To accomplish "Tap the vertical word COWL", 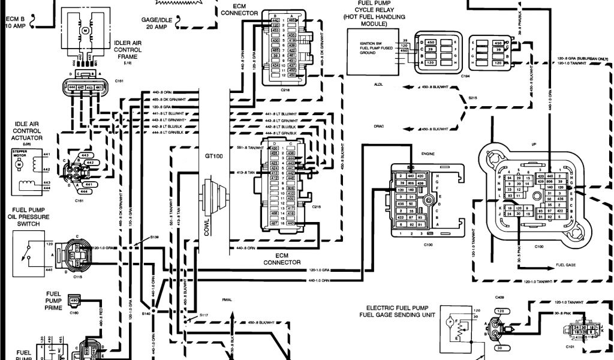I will coord(207,223).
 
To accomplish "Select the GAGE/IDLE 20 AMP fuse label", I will coord(156,23).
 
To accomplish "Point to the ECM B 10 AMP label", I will coord(16,22).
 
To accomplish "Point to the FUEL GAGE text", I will coord(566,263).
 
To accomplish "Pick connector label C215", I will coord(317,206).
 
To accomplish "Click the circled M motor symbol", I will coord(85,29).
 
